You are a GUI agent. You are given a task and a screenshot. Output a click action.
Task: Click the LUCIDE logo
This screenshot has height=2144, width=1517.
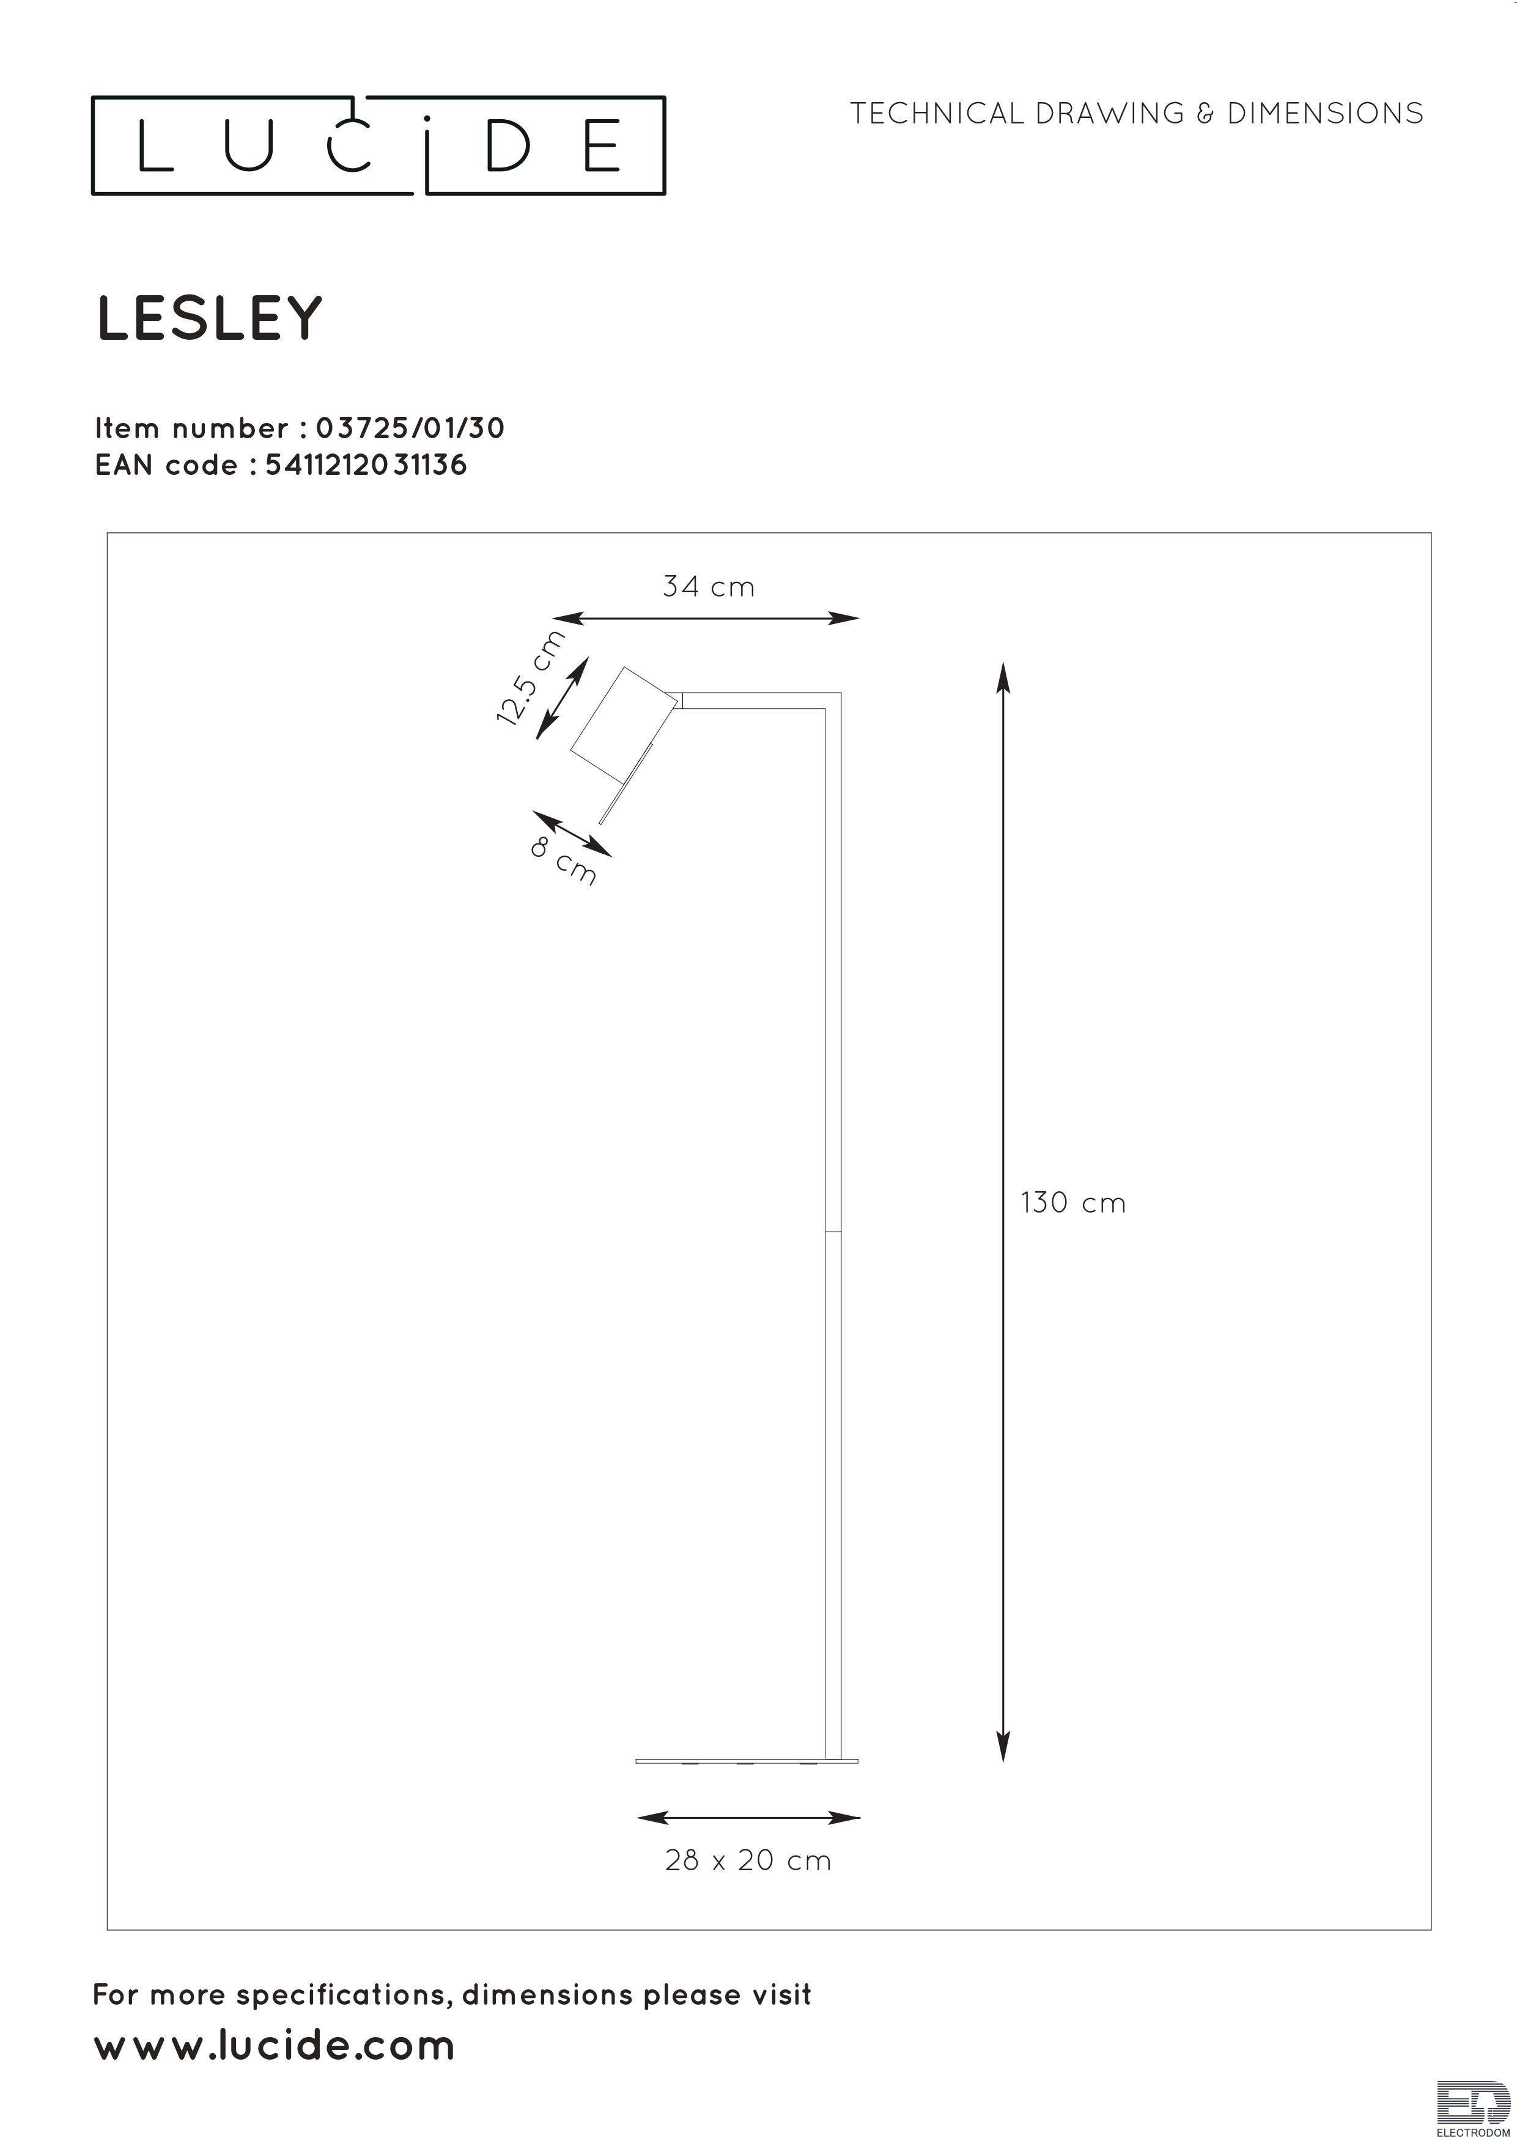coord(378,145)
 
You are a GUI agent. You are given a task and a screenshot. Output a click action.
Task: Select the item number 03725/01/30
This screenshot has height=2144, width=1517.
coord(411,428)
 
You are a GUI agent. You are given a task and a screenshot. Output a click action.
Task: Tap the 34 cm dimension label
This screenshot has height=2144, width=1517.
coord(708,587)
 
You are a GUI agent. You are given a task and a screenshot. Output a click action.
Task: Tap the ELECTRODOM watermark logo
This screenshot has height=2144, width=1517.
coord(1473,2109)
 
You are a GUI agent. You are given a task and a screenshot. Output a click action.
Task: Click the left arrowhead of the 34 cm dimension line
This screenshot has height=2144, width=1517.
coord(568,618)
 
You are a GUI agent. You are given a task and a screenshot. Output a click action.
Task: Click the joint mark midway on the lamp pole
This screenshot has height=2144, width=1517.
coord(833,1232)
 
